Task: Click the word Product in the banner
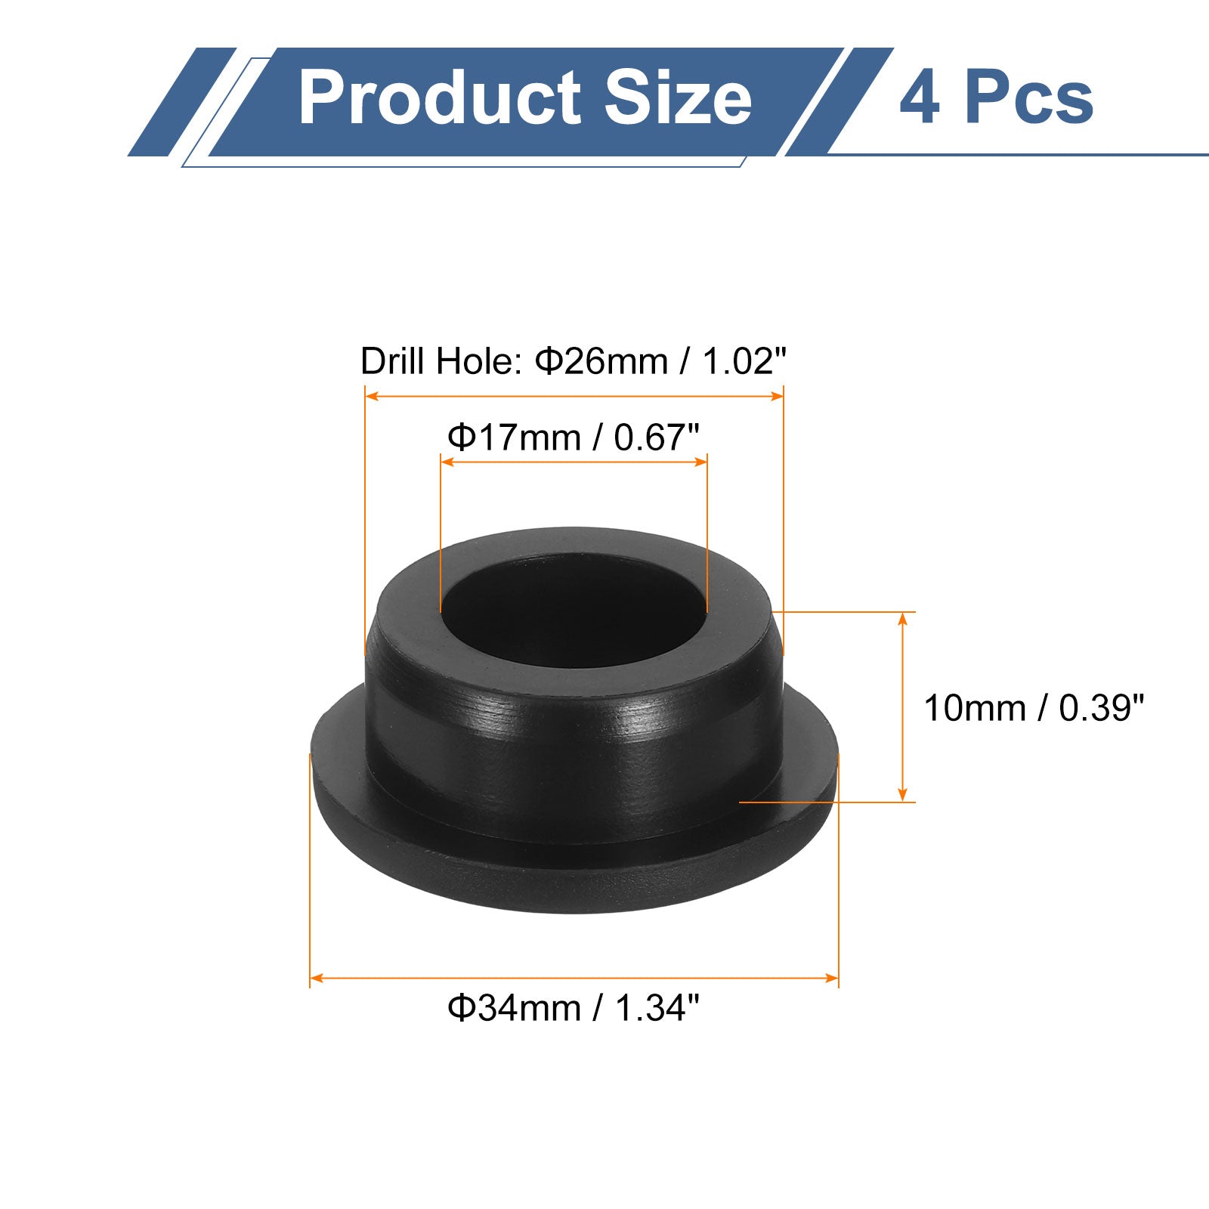pyautogui.click(x=441, y=97)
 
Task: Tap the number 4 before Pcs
pyautogui.click(x=919, y=98)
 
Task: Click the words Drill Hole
pyautogui.click(x=441, y=361)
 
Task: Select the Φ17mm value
pyautogui.click(x=514, y=438)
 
